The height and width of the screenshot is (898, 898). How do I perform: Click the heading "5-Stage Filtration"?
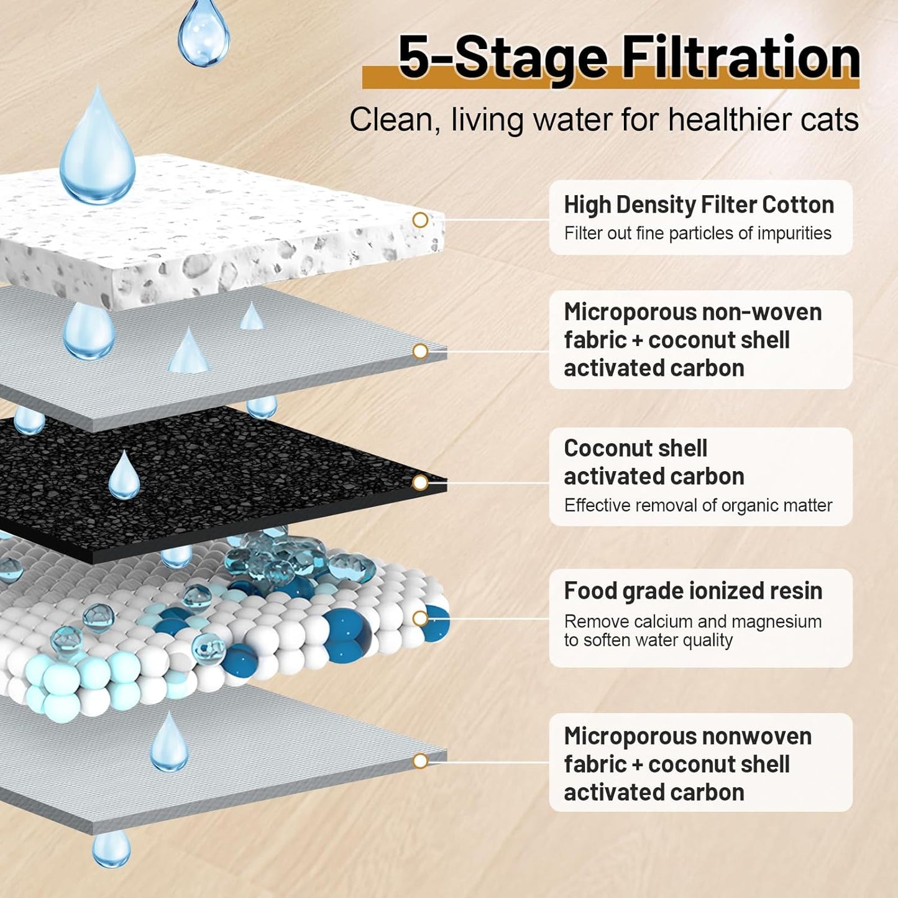pos(629,58)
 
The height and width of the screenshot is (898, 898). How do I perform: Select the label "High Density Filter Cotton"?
pos(699,205)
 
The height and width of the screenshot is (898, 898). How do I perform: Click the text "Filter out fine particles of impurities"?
pos(698,233)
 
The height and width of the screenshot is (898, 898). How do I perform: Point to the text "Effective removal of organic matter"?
pos(698,505)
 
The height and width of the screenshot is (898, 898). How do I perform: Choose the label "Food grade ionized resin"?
pos(693,590)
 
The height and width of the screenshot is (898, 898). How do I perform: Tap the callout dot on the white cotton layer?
pos(420,220)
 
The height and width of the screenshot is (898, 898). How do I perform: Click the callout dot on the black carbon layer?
pos(420,483)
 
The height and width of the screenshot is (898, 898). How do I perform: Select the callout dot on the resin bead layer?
pos(420,618)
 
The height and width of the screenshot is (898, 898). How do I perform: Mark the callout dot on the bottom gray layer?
pos(420,761)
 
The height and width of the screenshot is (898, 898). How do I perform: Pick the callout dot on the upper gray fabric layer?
pos(420,351)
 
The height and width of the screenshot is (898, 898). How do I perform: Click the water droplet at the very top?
pos(204,32)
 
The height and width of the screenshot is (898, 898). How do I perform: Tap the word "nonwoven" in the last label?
pos(757,736)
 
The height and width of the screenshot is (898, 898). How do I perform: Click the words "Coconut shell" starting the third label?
pos(636,448)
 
